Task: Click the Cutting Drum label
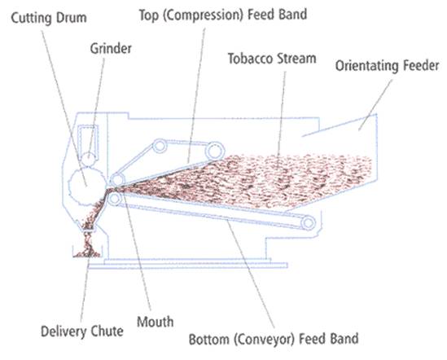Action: [49, 18]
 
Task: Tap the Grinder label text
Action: [111, 49]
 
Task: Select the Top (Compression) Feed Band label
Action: [222, 15]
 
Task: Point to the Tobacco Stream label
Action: [272, 59]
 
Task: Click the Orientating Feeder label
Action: [387, 66]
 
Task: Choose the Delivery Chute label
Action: [82, 331]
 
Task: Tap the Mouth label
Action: [155, 322]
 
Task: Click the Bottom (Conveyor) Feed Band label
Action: [274, 339]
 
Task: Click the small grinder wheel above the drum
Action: [89, 159]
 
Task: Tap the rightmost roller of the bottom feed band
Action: [308, 223]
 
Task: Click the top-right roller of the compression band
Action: [214, 151]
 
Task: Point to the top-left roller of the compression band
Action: [160, 146]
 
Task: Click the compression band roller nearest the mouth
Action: [117, 180]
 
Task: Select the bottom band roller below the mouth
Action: [115, 199]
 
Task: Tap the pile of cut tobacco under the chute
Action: [87, 251]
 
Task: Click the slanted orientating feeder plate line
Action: [340, 125]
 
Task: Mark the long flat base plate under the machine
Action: [187, 266]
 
